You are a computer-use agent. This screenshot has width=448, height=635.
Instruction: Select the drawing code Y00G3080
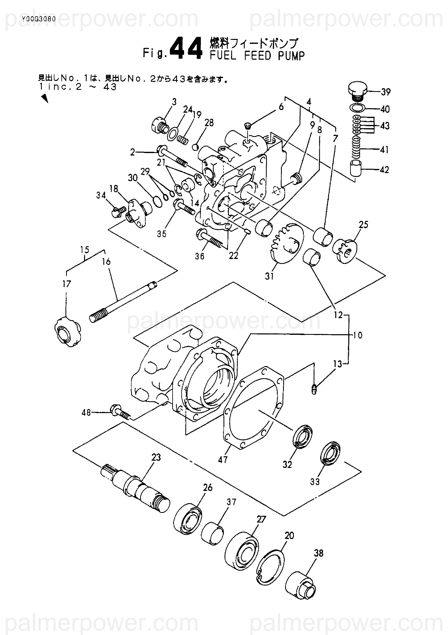tap(38, 19)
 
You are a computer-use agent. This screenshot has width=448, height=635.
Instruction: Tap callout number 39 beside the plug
tap(385, 92)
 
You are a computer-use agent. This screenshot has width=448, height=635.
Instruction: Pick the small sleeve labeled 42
tap(357, 168)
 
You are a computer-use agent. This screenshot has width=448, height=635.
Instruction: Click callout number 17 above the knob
tap(67, 284)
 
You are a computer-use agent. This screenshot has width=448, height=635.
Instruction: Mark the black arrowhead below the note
tap(44, 98)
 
